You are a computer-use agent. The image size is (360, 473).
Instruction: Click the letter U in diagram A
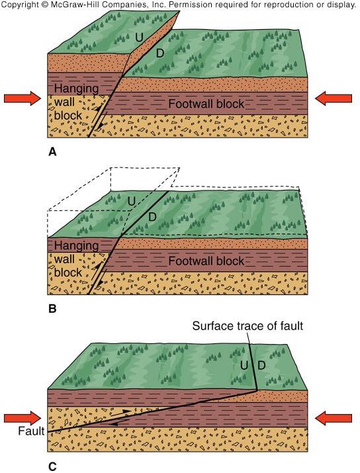coord(139,38)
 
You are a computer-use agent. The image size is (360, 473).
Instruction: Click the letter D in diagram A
coord(160,54)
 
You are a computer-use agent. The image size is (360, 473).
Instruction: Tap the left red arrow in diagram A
coord(22,99)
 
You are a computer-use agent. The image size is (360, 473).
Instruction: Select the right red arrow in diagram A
coord(334,99)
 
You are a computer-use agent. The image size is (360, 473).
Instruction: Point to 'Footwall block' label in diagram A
coord(206,104)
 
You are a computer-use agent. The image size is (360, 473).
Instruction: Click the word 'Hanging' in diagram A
coord(76,89)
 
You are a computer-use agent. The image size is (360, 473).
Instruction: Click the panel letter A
coord(52,152)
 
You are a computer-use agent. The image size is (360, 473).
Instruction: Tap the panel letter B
coord(52,309)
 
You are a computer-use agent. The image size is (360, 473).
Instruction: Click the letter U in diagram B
coord(131,201)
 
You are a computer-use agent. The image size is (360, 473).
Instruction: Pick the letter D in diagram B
coord(153,216)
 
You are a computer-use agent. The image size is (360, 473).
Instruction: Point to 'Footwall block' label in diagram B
coord(206,261)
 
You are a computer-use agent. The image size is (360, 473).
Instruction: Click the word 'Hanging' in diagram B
coord(76,246)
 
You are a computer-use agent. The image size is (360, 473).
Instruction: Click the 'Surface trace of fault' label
coord(247,326)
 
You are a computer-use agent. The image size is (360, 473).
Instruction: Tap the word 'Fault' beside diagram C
coord(31,431)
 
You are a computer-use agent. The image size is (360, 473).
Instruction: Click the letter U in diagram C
coord(244,365)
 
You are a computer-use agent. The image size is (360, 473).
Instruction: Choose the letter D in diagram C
coord(261,365)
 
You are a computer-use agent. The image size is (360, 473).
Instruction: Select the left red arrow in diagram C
coord(22,418)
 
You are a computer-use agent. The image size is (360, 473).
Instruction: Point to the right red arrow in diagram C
coord(334,418)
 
